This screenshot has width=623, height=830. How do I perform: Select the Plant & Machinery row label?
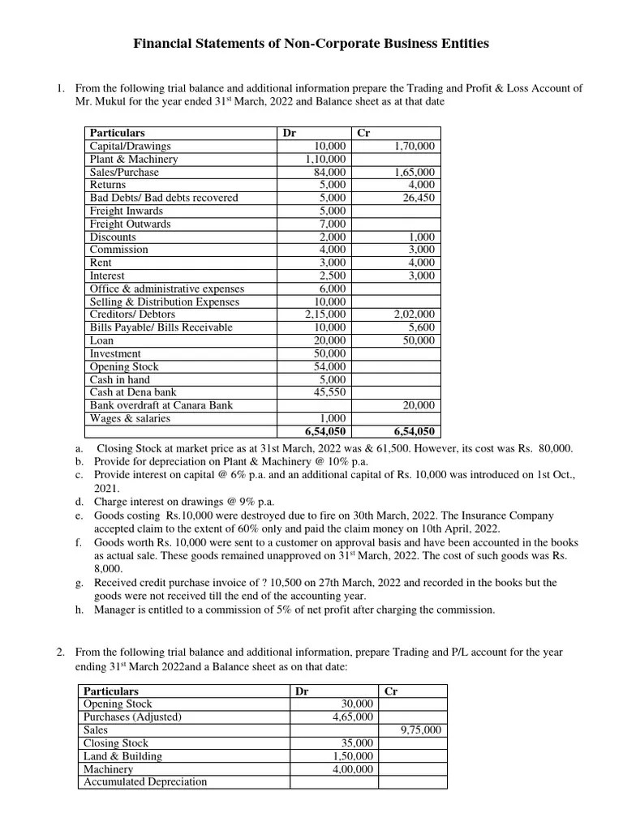coord(133,159)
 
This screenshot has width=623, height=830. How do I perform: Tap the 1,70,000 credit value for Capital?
coord(414,146)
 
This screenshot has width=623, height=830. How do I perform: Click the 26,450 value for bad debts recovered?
coord(419,198)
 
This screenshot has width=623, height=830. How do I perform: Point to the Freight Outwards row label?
coord(130,224)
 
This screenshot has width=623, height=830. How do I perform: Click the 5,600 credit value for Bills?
coord(421,327)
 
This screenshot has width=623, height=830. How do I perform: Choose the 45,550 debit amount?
coord(329,392)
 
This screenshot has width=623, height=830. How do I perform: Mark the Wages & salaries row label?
coord(130,418)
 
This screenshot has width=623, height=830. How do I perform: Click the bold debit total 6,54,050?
coord(325,432)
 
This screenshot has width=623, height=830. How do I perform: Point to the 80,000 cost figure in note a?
coord(553,448)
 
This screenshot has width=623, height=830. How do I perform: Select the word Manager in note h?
coord(115,610)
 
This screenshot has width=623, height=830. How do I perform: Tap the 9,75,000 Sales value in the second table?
coord(421,730)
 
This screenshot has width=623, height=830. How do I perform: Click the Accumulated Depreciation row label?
coord(145,782)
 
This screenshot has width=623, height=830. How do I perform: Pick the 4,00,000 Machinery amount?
coord(353,769)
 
